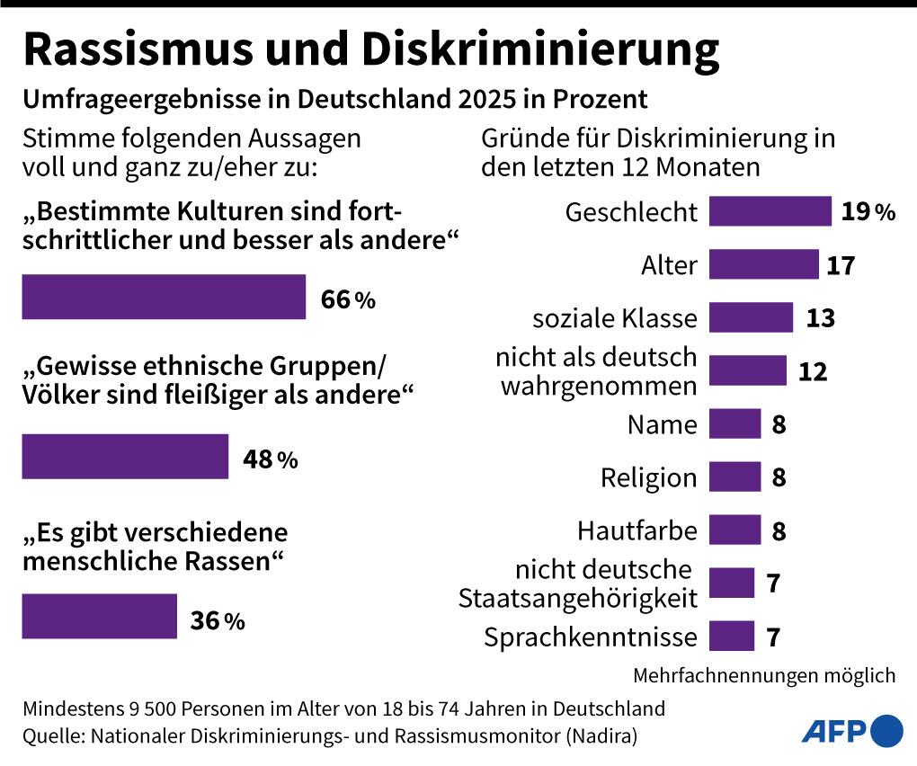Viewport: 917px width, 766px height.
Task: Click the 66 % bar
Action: coord(163,298)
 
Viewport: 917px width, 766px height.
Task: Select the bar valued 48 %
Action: coord(125,457)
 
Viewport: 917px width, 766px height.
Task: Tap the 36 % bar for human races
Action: coord(99,617)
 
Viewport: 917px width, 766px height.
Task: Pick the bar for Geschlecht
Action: coord(770,211)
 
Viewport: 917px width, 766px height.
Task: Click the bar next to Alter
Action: coord(763,265)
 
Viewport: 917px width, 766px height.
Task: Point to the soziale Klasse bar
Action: coord(751,317)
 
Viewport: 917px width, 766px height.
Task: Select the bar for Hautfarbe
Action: coord(734,530)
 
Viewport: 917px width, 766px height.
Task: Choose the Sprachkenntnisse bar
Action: coord(731,637)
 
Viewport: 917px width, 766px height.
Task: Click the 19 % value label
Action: coord(868,212)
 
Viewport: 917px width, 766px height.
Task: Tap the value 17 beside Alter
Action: coord(841,265)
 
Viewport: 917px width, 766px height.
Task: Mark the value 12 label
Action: coord(813,371)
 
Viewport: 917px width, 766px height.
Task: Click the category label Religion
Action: coord(648,477)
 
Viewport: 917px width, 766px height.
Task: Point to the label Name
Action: coord(662,424)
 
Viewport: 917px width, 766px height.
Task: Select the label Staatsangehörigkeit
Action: coord(577,597)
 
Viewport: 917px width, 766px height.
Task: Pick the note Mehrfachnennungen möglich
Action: coord(764,675)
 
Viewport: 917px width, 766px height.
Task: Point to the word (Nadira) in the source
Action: coord(601,736)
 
